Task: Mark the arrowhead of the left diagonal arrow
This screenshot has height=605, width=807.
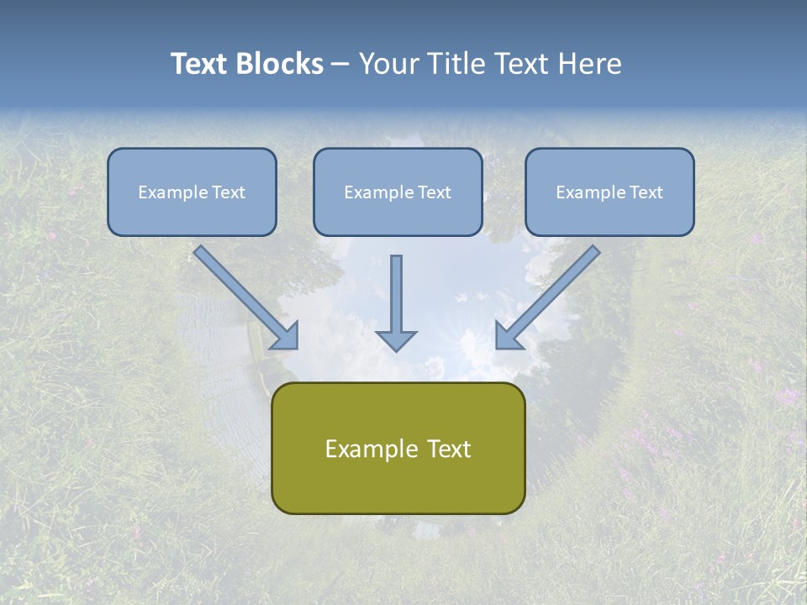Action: (286, 336)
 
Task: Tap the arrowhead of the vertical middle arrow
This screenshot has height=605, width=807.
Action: (396, 339)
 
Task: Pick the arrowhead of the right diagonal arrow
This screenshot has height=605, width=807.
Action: (508, 336)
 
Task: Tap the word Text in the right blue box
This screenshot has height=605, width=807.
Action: (646, 192)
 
